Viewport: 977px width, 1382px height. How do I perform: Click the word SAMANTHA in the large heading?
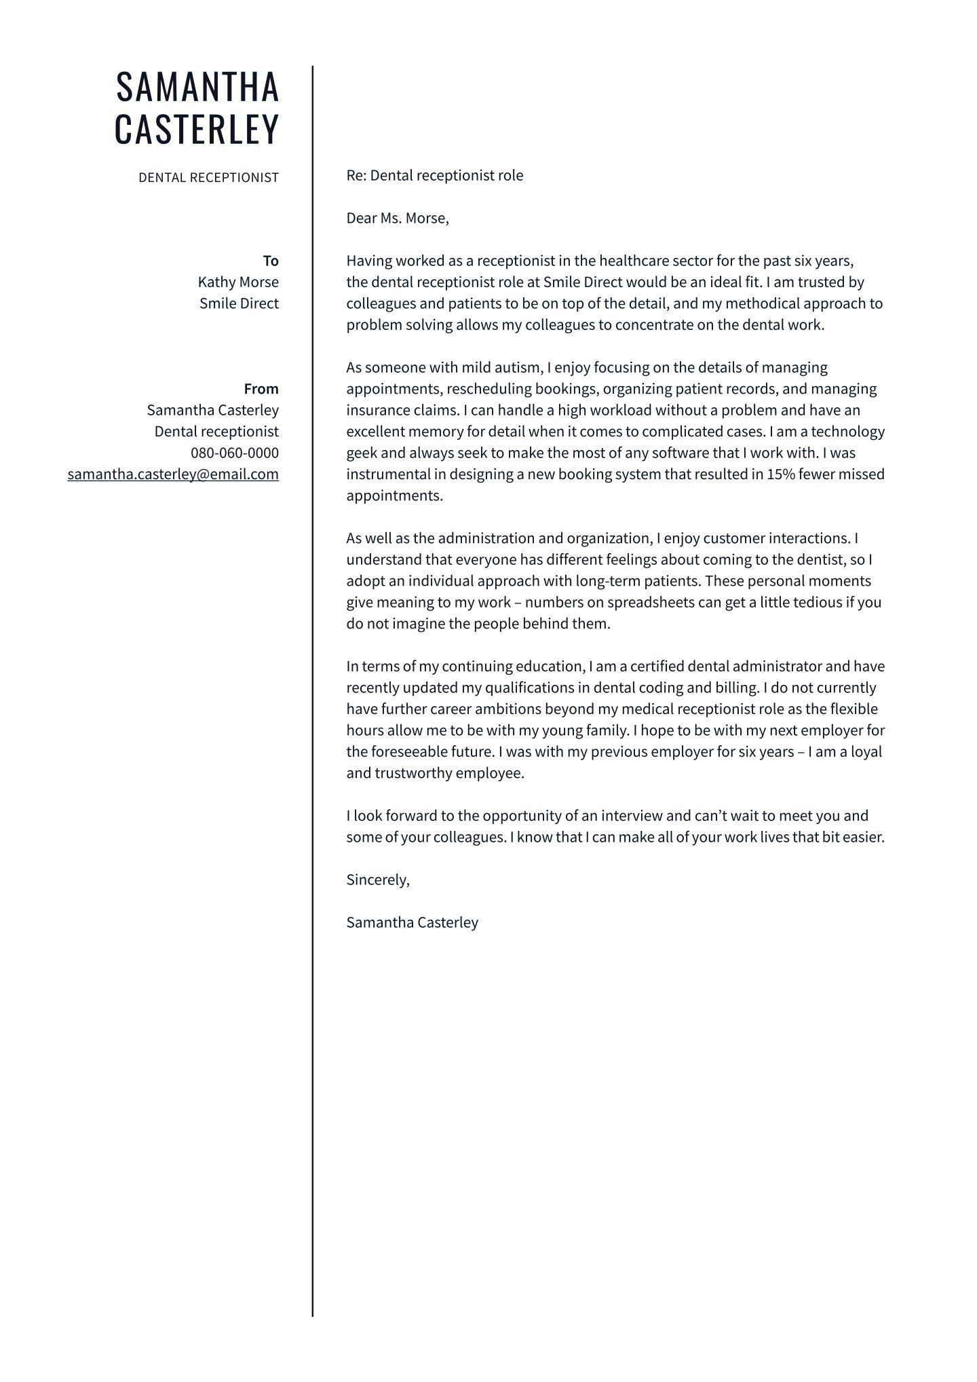coord(197,87)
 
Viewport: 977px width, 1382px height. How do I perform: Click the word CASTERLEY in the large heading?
coord(197,129)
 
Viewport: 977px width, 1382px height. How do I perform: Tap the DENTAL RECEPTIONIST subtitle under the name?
coord(208,178)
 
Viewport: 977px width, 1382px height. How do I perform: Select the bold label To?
coord(271,261)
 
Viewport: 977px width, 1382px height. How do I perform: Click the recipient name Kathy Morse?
coord(238,282)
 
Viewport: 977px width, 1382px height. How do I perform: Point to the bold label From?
coord(261,389)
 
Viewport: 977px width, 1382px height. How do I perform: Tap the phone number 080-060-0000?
coord(235,453)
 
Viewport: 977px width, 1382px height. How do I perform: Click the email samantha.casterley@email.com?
coord(173,474)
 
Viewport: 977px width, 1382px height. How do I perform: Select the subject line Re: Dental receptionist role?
coord(434,176)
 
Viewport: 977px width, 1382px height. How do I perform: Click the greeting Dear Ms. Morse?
coord(398,219)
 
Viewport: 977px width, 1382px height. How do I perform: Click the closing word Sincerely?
coord(377,880)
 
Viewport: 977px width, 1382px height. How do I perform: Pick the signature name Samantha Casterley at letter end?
coord(412,922)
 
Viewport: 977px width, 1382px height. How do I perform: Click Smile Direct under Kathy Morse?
coord(239,304)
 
